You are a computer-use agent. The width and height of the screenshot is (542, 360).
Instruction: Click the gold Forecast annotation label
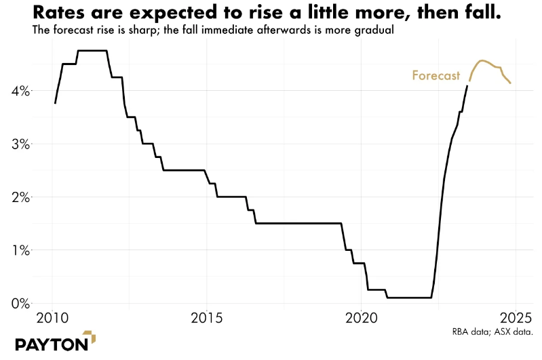(436, 76)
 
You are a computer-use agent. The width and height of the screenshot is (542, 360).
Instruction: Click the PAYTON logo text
(51, 344)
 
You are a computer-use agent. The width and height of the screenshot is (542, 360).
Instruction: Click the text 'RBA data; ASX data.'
(492, 332)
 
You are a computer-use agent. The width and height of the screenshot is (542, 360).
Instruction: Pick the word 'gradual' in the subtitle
(374, 31)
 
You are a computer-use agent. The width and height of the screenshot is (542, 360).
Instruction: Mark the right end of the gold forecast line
(511, 83)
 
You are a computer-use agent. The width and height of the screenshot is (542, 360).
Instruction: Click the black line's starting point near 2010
(55, 103)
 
